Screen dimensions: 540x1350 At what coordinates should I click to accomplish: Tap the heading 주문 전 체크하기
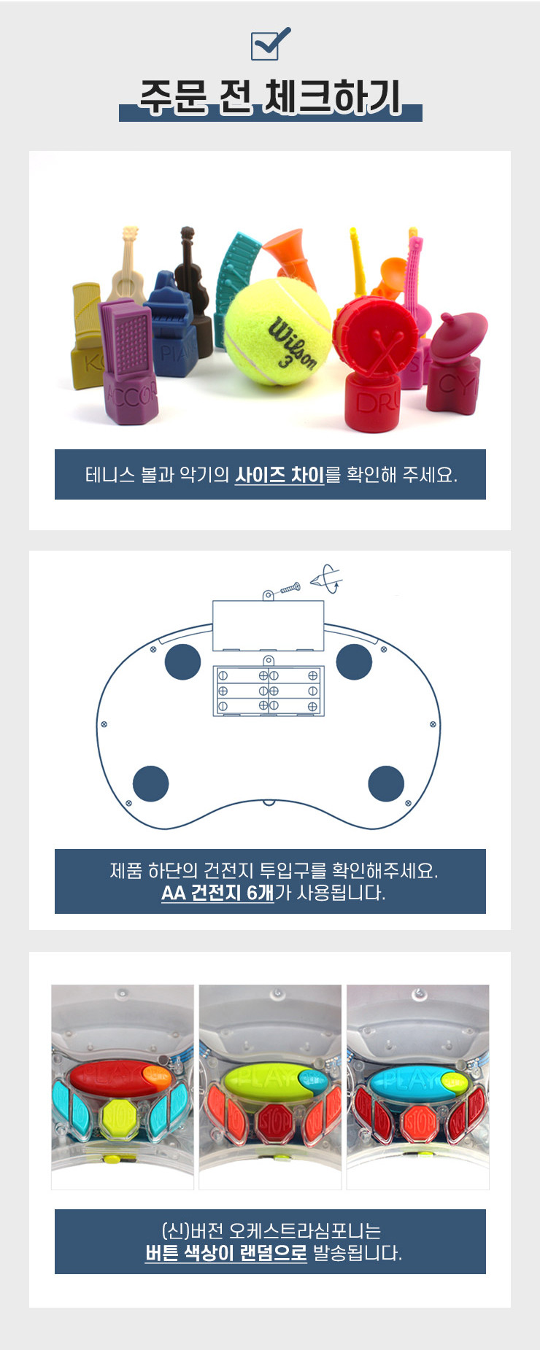coord(271,97)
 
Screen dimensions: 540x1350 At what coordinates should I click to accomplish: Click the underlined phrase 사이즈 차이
coord(279,475)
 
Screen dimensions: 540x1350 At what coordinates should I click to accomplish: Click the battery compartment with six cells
coord(269,690)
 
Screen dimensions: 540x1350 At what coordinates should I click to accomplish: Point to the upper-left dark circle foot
coord(182,662)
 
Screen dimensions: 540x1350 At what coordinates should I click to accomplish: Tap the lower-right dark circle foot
coord(386,784)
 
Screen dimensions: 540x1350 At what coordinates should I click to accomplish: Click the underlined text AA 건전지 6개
coord(217,893)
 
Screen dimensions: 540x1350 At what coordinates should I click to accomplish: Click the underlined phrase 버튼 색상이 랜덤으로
coord(226,1253)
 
